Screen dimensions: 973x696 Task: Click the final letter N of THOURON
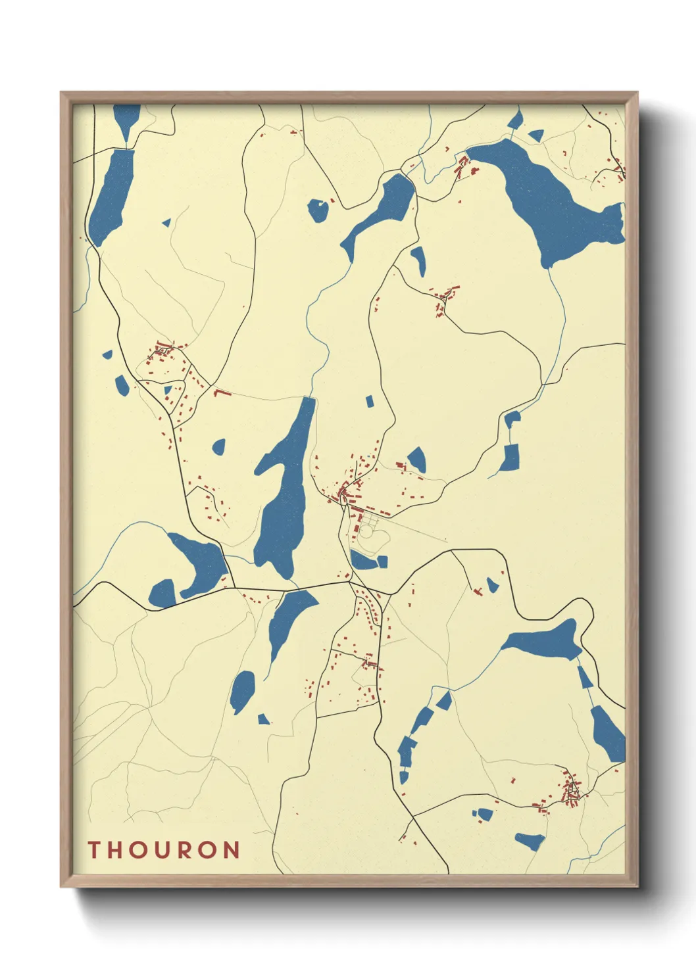tap(231, 849)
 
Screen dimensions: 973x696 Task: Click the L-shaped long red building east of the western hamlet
tap(222, 393)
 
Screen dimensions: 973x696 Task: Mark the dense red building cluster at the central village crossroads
tap(343, 492)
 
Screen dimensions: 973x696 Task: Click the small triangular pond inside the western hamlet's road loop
tap(168, 390)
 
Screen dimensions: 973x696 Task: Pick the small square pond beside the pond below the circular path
tap(382, 561)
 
